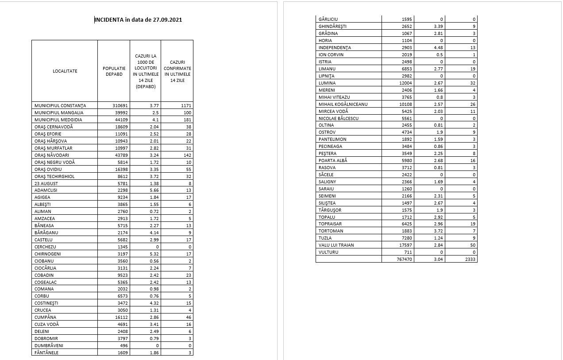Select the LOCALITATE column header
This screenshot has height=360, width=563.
[65, 71]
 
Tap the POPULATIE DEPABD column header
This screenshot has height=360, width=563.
[114, 71]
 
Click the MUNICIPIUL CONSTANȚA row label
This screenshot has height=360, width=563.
[60, 105]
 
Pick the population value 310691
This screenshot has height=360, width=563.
[120, 105]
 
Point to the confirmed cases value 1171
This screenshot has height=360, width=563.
[186, 105]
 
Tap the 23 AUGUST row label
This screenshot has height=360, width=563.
[46, 183]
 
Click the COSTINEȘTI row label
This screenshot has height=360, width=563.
[46, 303]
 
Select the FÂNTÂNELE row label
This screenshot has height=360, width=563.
[46, 353]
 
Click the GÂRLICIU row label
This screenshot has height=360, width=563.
[328, 19]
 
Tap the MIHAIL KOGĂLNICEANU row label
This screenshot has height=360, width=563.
[343, 105]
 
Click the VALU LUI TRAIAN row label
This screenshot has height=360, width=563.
[336, 245]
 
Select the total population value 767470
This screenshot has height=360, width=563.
[405, 259]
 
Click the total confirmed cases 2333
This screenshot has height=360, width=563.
[470, 259]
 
